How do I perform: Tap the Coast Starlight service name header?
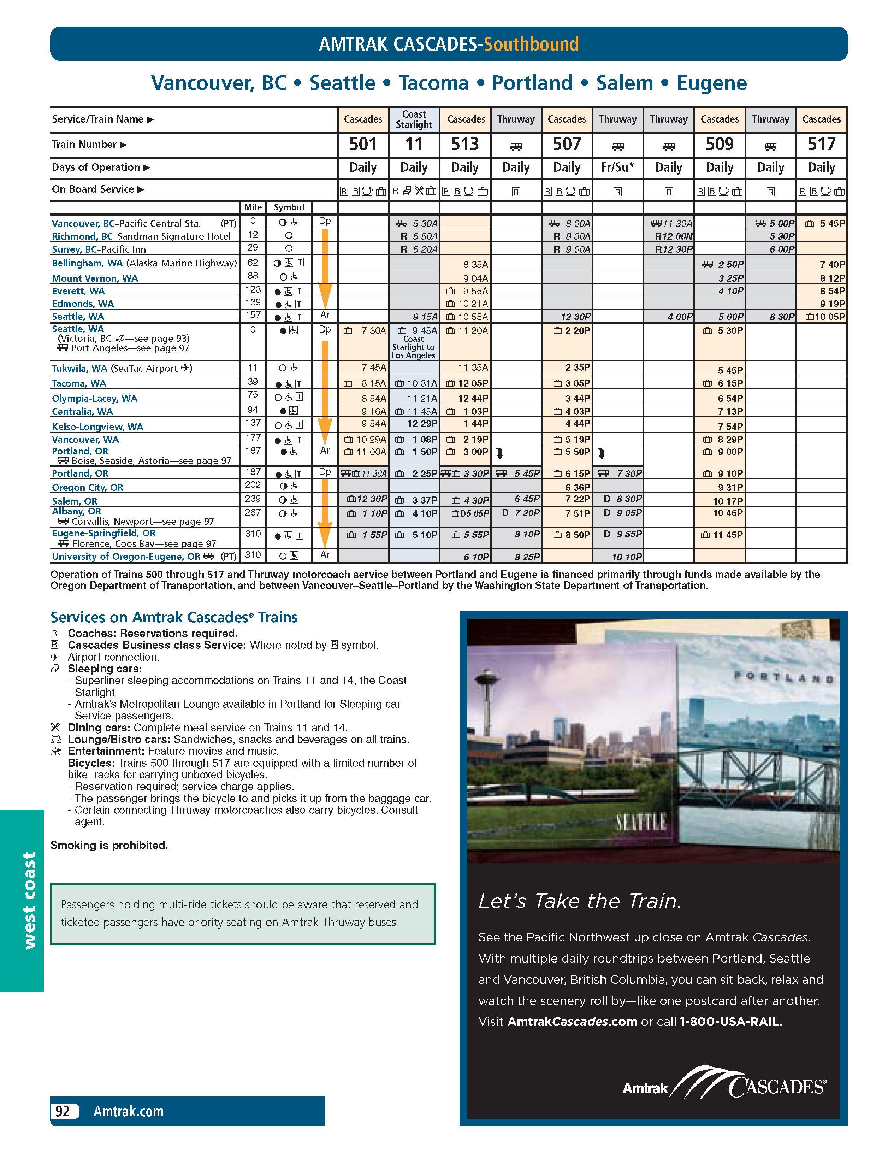(414, 119)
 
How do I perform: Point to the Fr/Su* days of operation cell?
(617, 167)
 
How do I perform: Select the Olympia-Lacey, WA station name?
(94, 399)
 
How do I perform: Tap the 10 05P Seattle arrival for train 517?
(830, 317)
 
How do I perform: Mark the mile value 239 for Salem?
(253, 499)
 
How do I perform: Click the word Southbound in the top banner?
(531, 44)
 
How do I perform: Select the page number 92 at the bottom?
(63, 1111)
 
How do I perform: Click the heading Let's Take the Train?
(580, 901)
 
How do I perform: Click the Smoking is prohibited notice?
(109, 845)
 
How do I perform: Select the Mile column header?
(253, 207)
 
